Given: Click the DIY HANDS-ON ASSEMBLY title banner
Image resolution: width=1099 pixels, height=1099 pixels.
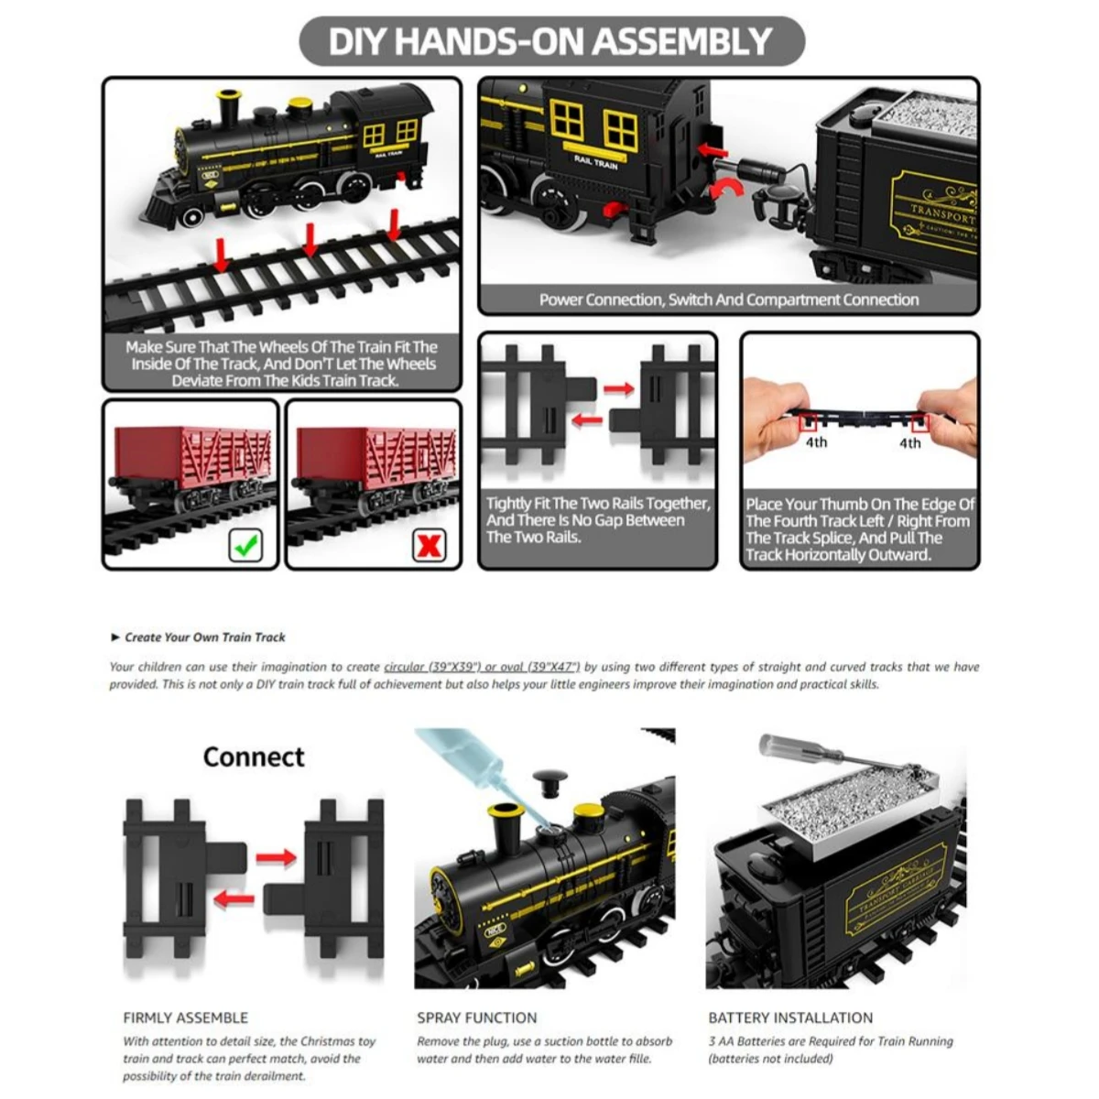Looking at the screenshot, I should click(x=550, y=41).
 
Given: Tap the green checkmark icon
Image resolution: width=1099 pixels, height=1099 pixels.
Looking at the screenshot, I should click(x=245, y=546).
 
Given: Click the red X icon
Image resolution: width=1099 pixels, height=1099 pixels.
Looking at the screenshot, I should click(x=429, y=546).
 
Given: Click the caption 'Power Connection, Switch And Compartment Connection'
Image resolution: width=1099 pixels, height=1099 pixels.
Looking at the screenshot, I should click(x=728, y=299).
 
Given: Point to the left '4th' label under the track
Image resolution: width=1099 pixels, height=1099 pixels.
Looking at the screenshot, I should click(x=816, y=442).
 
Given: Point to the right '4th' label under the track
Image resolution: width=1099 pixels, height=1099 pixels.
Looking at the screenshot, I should click(x=909, y=443).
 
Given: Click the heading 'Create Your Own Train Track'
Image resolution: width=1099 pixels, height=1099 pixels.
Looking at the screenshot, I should click(x=205, y=637).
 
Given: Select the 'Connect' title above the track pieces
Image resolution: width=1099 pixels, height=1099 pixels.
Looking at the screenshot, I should click(x=254, y=756).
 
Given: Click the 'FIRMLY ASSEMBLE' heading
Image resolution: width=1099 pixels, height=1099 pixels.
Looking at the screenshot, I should click(x=186, y=1017).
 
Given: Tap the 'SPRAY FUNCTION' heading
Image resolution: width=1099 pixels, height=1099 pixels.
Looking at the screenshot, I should click(x=476, y=1017).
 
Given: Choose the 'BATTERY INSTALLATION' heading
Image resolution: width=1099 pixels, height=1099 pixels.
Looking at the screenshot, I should click(x=790, y=1017).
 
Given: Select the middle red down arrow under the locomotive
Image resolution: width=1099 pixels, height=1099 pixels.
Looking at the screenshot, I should click(x=310, y=240).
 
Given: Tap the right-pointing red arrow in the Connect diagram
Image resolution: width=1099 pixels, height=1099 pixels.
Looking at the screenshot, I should click(x=276, y=858).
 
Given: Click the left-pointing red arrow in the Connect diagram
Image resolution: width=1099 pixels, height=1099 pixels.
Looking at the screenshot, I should click(x=234, y=899).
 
